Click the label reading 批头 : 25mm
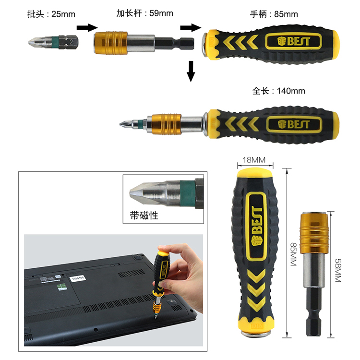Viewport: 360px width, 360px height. (51, 14)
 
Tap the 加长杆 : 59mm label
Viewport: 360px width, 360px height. (144, 13)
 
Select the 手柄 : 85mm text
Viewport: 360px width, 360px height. (274, 14)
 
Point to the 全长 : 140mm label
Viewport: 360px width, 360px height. (279, 91)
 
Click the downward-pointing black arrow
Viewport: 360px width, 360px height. (191, 71)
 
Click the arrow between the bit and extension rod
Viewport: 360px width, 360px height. (87, 27)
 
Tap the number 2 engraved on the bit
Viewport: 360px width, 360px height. (71, 42)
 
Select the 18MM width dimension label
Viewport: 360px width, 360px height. (254, 160)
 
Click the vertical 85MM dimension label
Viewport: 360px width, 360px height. (294, 254)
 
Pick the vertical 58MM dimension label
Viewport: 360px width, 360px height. (338, 270)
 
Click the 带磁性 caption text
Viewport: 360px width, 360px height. (144, 216)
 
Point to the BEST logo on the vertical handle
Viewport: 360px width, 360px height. (256, 226)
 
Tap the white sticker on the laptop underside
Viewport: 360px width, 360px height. (78, 278)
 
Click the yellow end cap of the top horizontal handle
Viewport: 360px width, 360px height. (334, 44)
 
